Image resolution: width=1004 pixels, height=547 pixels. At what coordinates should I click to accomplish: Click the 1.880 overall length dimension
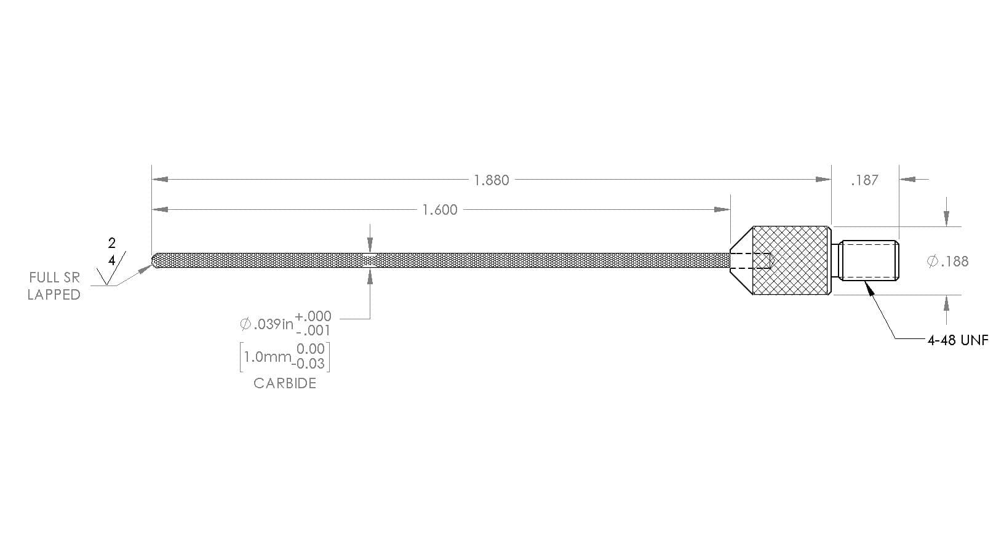(x=492, y=180)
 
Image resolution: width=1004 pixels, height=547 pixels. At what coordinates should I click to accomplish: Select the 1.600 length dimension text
(x=440, y=210)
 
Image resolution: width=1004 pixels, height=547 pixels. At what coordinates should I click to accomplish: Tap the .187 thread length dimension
(x=864, y=180)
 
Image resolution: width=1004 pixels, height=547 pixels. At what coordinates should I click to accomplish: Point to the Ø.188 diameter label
(x=947, y=261)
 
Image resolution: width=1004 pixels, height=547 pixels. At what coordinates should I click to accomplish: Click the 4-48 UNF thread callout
(x=958, y=340)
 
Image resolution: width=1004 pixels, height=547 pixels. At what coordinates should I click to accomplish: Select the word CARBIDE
(x=285, y=383)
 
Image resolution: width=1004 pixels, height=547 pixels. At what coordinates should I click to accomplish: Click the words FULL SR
(x=54, y=277)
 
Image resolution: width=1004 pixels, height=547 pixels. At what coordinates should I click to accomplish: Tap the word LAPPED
(x=54, y=295)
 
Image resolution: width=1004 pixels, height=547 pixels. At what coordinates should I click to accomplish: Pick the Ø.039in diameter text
(x=267, y=324)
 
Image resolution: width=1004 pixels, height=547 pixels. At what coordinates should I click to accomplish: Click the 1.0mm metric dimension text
(x=268, y=357)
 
